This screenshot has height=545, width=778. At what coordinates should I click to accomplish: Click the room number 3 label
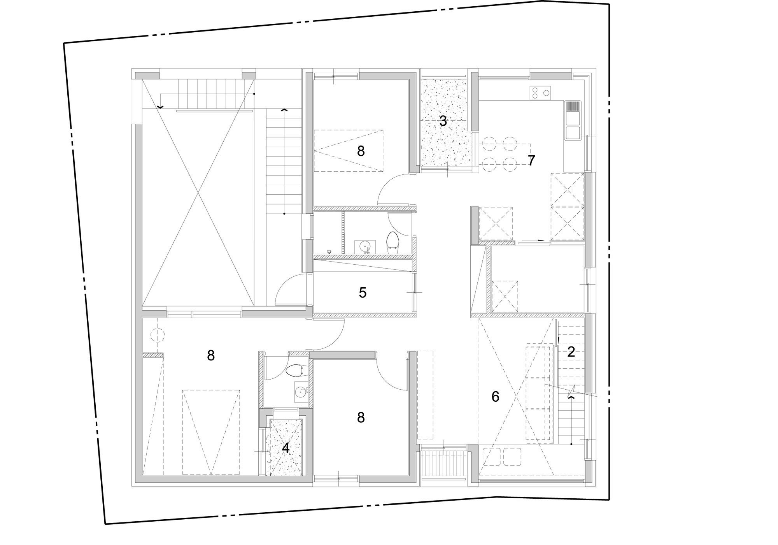point(443,121)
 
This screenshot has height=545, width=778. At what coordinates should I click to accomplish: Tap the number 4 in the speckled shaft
point(286,448)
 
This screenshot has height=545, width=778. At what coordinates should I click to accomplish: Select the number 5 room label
point(363,293)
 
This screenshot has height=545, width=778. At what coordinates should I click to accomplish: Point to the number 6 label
point(495,397)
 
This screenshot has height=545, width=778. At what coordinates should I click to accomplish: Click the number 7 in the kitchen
point(531,160)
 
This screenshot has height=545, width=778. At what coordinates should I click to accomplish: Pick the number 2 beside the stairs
point(571,352)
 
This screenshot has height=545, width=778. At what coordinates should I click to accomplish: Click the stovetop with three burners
point(540,93)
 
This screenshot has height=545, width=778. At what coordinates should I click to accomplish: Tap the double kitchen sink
point(573,126)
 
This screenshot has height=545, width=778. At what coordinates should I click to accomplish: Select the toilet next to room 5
point(392,243)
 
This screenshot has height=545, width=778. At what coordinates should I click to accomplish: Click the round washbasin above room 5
point(365,246)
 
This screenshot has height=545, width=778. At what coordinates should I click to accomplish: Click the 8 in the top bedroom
point(361,151)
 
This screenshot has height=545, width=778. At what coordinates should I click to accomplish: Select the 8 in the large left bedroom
point(211,355)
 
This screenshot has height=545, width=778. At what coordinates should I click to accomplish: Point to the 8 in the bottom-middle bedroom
point(361,418)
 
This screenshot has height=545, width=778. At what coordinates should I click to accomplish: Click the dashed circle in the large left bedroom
point(158,335)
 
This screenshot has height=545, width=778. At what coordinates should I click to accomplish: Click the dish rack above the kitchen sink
point(573,106)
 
